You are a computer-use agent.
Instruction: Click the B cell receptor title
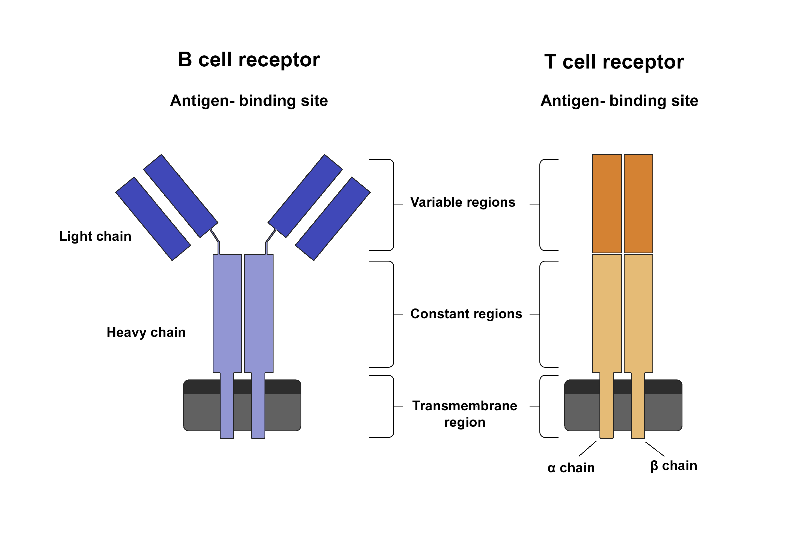249,60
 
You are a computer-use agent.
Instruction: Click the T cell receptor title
614,62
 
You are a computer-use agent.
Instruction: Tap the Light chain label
95,236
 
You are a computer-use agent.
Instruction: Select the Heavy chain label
146,333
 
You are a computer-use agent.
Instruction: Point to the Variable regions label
462,202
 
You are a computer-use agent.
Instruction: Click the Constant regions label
466,314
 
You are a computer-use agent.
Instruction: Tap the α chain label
571,468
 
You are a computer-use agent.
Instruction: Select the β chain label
673,466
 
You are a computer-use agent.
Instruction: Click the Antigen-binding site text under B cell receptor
249,100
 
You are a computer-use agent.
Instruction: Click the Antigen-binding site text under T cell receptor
619,100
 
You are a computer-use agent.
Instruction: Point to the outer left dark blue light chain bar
153,219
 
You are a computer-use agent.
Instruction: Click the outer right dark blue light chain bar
333,219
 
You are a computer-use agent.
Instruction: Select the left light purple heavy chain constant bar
227,313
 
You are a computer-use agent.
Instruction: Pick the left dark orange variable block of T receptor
607,204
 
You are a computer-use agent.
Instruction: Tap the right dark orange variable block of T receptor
638,204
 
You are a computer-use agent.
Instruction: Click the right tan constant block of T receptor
638,313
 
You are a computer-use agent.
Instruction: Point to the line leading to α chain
587,449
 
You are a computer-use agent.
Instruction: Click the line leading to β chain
655,449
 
